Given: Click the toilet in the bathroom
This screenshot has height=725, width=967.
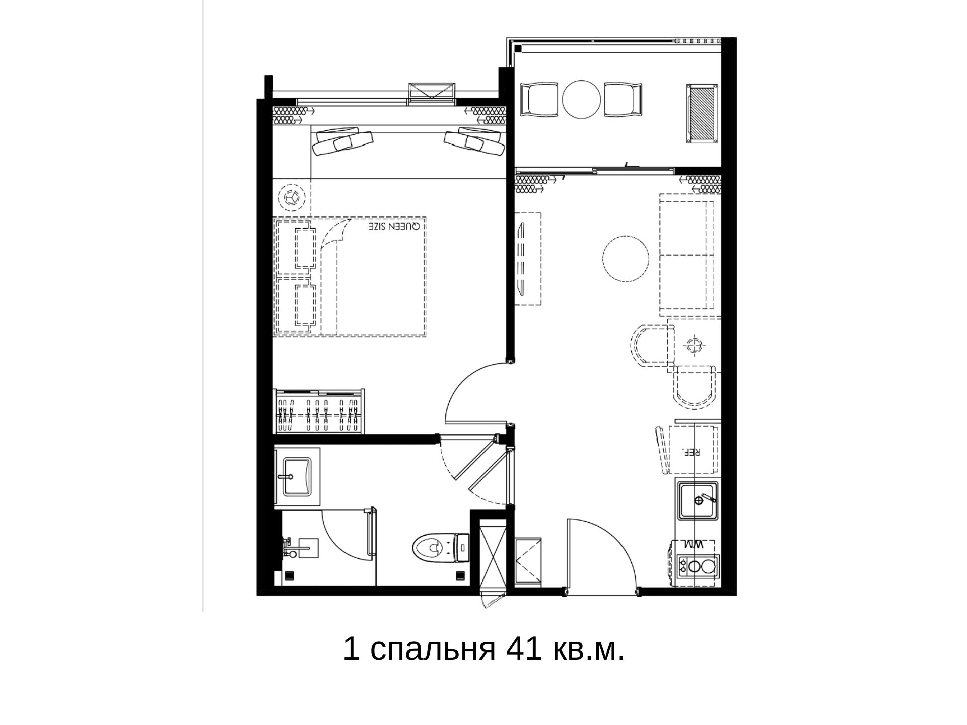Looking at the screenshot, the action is tap(441, 547).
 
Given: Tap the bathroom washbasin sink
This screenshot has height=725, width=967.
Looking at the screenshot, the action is tap(297, 476).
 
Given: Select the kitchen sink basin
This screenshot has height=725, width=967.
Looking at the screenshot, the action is tap(699, 500).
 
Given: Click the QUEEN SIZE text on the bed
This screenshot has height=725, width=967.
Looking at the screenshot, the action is tap(393, 226).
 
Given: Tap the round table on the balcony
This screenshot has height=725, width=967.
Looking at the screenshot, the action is tap(582, 100).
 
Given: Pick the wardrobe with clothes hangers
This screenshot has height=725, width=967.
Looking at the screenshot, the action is tap(319, 411).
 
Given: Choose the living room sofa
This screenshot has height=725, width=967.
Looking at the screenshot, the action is tap(687, 255).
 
